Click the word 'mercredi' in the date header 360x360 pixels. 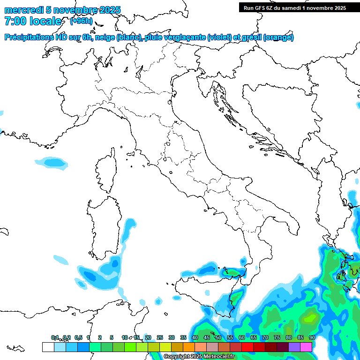pos(22,10)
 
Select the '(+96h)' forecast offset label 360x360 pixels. pos(81,21)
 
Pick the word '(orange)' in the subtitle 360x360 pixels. pos(278,37)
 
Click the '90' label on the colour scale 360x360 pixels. pos(312,337)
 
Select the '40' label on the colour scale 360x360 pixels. pos(195,337)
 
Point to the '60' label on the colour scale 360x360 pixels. pos(241,337)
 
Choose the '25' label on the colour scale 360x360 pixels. pos(159,337)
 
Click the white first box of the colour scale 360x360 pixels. pos(48,347)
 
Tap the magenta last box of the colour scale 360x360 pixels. pos(306,347)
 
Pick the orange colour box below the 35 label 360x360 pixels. pos(188,347)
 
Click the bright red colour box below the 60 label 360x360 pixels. pos(247,347)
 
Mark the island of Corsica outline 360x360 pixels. pos(107,171)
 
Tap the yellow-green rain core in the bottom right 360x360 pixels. pos(309,319)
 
